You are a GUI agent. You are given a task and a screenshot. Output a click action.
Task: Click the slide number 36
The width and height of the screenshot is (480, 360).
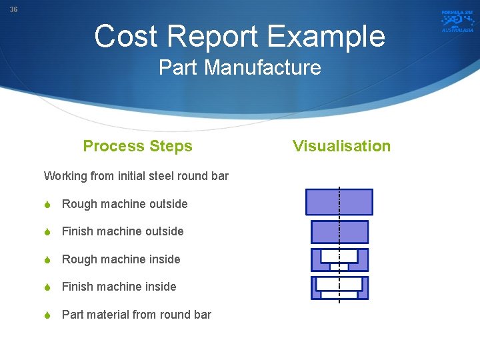pos(13,10)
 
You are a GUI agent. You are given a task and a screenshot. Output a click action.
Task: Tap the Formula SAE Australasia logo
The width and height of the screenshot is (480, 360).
pos(457,21)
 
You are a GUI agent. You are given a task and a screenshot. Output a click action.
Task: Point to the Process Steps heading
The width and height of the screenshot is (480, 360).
pos(137,146)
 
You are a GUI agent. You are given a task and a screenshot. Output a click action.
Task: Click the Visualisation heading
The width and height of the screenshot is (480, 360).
pos(341,146)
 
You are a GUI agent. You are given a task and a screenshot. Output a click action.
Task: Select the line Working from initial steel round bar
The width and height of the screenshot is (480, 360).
pos(136,176)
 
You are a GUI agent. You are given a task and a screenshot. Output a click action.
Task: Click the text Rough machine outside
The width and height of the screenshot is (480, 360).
pos(125,204)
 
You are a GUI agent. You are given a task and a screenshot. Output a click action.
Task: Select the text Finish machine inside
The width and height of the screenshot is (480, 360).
pos(119,287)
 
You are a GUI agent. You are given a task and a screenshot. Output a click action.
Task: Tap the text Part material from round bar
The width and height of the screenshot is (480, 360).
pos(137,315)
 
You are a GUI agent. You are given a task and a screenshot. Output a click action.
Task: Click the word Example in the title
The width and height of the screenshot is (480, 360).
pos(333,37)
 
